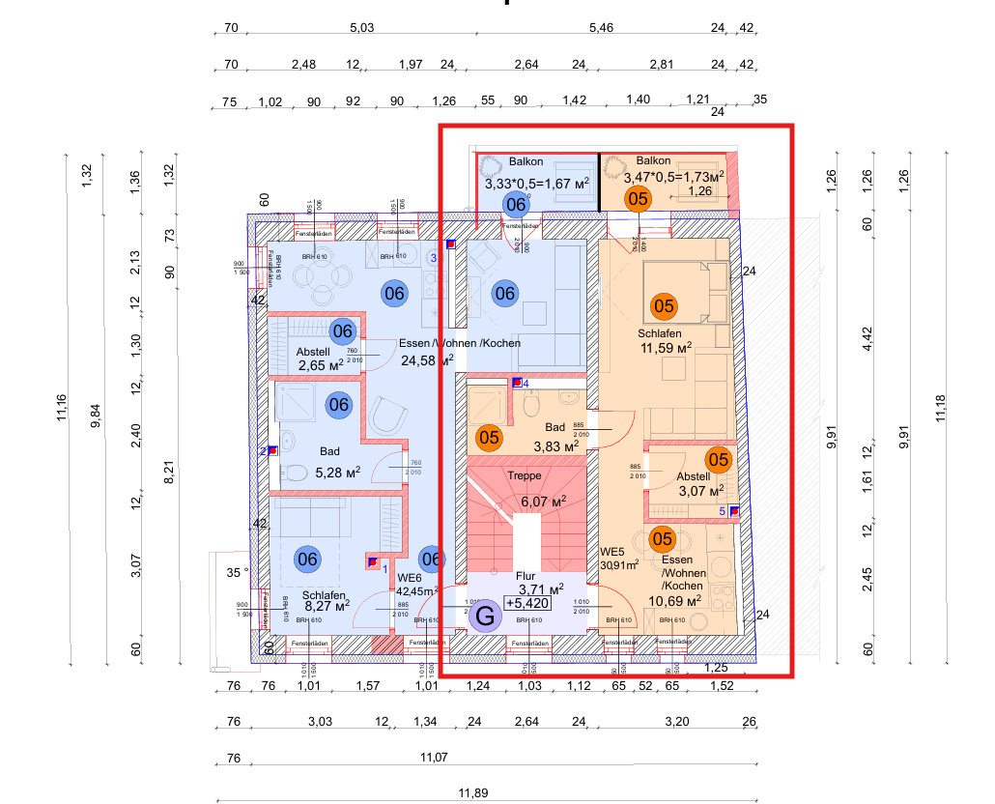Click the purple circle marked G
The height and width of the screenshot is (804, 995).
tap(486, 615)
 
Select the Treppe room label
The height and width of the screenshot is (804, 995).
tap(525, 477)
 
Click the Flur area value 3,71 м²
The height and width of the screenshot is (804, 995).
tap(542, 589)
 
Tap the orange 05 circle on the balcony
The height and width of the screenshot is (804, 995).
tap(638, 199)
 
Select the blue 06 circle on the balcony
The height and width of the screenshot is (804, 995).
tap(516, 204)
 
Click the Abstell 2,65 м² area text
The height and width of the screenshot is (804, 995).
tap(321, 365)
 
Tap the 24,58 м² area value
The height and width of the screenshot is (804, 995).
tap(425, 360)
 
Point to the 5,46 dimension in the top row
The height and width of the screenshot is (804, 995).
tap(601, 28)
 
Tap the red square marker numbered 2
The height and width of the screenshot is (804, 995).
tap(273, 450)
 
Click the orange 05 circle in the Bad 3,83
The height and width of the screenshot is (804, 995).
tap(490, 438)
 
